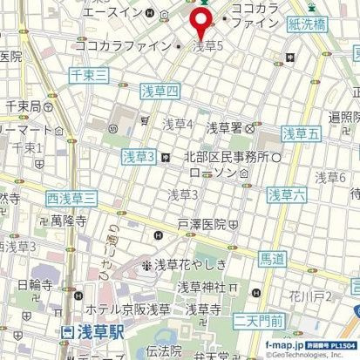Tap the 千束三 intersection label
pyautogui.click(x=89, y=77)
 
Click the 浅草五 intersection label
pyautogui.click(x=301, y=135)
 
